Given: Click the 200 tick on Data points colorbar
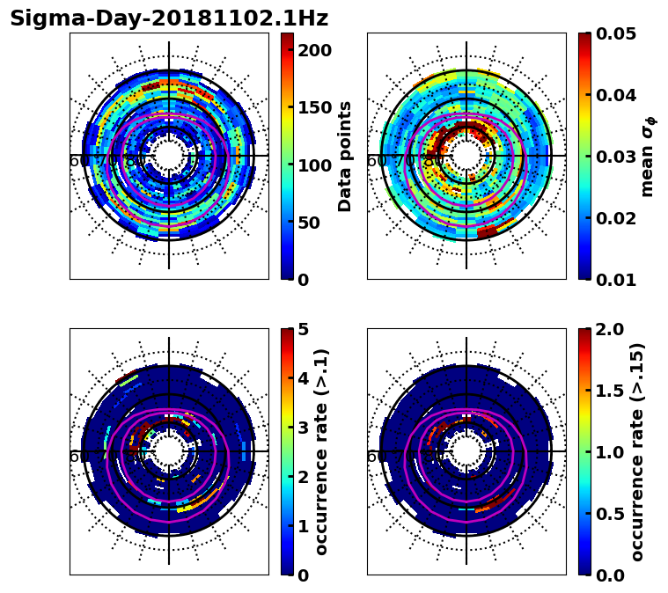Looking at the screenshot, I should [x=315, y=50].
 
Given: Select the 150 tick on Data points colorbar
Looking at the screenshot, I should [x=315, y=107].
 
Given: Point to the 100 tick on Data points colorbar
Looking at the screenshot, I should [x=315, y=165].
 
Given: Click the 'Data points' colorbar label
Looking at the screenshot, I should [x=345, y=157].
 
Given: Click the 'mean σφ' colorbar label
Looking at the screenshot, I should [x=648, y=157].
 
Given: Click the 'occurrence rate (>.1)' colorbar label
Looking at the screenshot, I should [x=322, y=451].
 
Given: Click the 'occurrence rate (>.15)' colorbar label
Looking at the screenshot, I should [x=638, y=451].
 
